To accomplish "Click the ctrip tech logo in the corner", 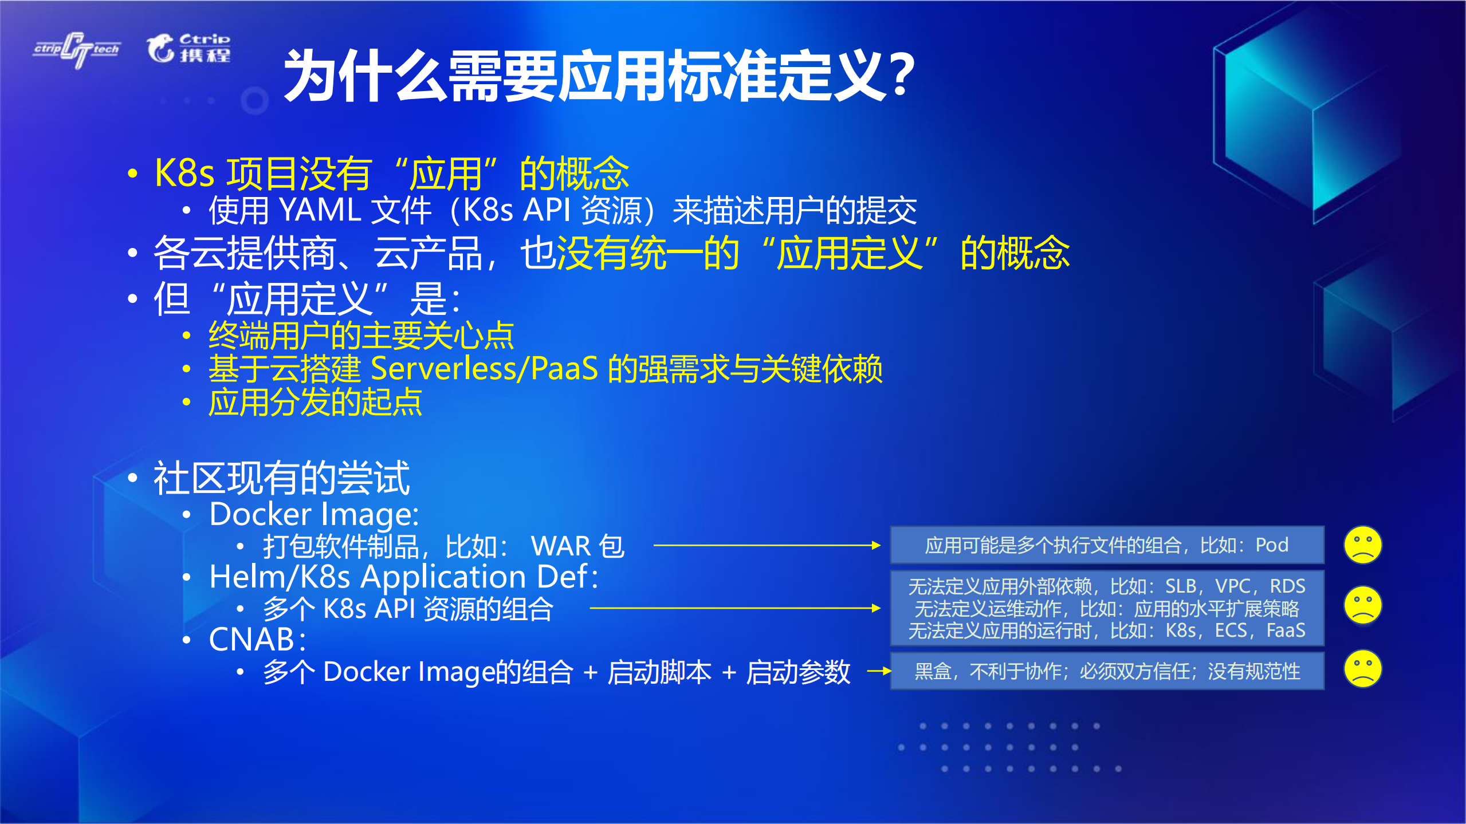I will (x=77, y=49).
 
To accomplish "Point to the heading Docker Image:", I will (x=314, y=514).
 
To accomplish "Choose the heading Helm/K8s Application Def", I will (x=403, y=577).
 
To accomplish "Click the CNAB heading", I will (x=257, y=640).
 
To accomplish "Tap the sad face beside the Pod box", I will (x=1362, y=545).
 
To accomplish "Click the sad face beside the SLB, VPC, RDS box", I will (x=1362, y=605).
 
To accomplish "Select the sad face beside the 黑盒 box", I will (x=1362, y=668).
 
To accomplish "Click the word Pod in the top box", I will (x=1272, y=545).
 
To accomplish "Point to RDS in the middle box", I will (x=1287, y=586).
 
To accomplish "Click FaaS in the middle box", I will (x=1286, y=630).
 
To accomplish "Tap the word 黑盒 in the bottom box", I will (x=933, y=671).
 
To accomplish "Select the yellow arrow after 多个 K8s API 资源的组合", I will (x=734, y=608).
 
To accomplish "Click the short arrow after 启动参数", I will (x=879, y=671).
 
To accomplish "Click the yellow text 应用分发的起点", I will (x=315, y=403).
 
